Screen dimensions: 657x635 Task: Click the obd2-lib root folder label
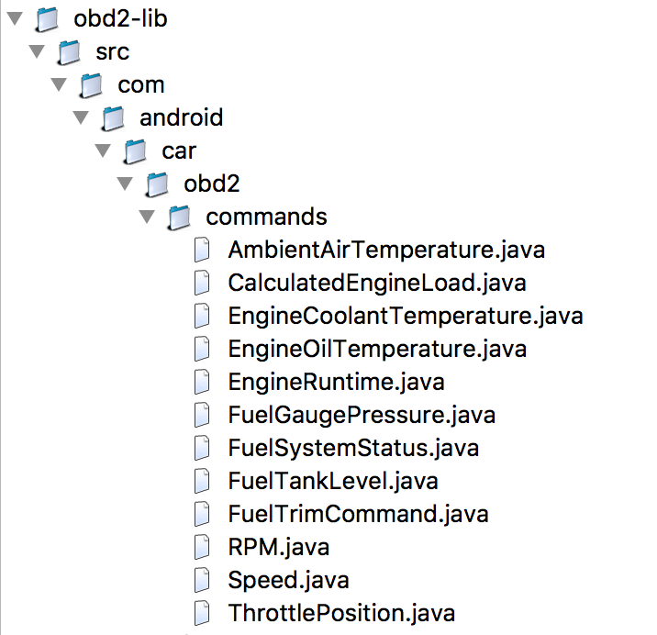click(x=120, y=19)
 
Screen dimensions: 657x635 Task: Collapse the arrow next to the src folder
click(x=37, y=51)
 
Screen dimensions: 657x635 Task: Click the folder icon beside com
click(x=91, y=85)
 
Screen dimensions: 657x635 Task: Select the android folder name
click(x=181, y=117)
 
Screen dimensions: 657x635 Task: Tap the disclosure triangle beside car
click(x=103, y=150)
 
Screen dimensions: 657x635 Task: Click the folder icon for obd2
click(x=157, y=184)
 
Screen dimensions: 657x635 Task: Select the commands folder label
click(x=266, y=217)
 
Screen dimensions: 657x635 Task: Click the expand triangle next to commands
click(x=147, y=217)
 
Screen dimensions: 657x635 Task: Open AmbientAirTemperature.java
click(x=386, y=250)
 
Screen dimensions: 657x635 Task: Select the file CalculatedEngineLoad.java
click(x=377, y=283)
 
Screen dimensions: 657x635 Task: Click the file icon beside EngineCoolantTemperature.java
click(x=202, y=316)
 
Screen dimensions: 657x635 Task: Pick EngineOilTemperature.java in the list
click(x=377, y=349)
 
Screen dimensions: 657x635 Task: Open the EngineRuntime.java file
click(x=336, y=382)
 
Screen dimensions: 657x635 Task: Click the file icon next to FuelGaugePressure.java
click(x=202, y=415)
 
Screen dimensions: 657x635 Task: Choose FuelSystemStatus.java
click(x=353, y=448)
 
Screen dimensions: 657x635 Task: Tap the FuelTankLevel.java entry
click(x=333, y=481)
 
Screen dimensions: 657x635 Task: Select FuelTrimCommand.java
click(x=358, y=514)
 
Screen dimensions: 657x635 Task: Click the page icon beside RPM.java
click(x=202, y=547)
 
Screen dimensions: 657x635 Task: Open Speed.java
click(x=288, y=580)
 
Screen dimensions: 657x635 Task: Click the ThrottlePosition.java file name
click(x=341, y=613)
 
